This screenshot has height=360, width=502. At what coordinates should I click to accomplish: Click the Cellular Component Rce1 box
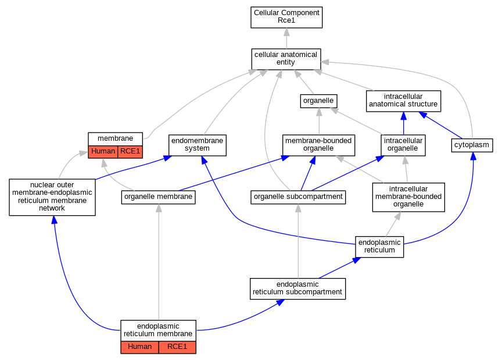(286, 17)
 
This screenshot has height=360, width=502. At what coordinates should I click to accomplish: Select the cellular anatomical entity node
(286, 59)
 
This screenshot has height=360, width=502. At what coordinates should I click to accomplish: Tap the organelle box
(318, 101)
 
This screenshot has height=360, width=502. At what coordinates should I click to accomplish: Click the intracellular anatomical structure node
(403, 101)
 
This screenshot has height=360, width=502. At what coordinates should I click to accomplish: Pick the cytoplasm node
(472, 145)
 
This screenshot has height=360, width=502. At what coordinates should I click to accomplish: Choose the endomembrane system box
(198, 145)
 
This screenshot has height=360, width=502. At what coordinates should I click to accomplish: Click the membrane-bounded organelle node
(318, 145)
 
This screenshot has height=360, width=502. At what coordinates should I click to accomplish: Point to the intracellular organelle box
(403, 145)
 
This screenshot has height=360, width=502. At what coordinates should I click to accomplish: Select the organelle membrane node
(159, 197)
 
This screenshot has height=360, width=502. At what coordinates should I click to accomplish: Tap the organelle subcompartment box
(298, 197)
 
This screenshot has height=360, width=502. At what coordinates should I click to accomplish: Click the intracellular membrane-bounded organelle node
(408, 197)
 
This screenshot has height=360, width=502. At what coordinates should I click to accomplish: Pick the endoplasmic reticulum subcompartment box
(297, 289)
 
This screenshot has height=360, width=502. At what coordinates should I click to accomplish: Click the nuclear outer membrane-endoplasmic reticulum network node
(52, 197)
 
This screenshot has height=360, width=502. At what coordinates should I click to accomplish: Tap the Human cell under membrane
(103, 152)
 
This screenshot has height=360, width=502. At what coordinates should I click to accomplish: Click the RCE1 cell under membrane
(130, 152)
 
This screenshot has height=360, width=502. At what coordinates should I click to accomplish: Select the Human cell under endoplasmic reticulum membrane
(139, 347)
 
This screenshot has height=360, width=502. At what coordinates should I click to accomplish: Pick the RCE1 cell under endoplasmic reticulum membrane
(177, 347)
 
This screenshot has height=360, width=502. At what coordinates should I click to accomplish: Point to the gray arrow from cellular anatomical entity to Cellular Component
(286, 38)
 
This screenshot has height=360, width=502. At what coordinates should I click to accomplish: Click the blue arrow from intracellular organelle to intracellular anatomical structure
(403, 123)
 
